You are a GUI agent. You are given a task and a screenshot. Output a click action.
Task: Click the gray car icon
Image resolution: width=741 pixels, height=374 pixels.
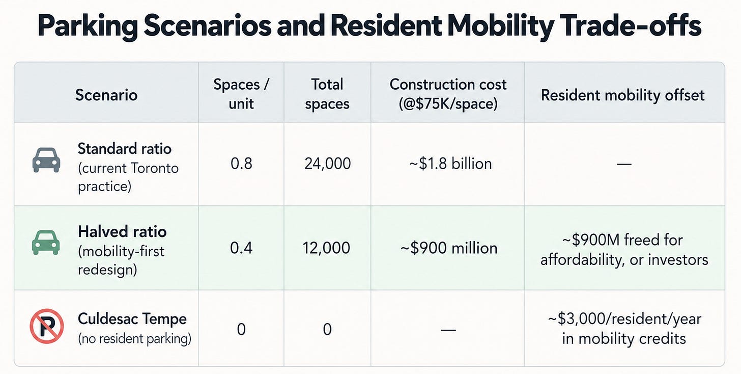tap(46, 160)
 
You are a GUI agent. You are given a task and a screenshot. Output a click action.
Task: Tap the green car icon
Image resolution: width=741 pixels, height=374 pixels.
tap(46, 243)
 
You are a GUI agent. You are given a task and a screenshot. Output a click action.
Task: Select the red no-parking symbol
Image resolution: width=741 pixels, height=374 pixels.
tap(47, 326)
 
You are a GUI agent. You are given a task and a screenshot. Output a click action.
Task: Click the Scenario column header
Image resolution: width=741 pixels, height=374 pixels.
tap(106, 95)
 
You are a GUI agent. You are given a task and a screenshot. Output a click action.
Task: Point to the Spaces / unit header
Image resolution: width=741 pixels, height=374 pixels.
tap(241, 94)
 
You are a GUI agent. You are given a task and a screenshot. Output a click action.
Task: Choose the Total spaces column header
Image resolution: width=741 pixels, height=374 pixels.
tap(327, 94)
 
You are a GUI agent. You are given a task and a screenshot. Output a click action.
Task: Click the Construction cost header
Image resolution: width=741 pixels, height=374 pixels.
tap(448, 94)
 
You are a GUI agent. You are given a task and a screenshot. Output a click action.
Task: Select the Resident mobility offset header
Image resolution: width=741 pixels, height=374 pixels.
tap(622, 95)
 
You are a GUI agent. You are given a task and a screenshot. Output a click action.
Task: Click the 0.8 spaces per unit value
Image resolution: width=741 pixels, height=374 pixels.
tap(241, 164)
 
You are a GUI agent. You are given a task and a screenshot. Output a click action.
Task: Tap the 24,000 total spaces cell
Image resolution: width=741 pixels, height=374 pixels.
tap(328, 164)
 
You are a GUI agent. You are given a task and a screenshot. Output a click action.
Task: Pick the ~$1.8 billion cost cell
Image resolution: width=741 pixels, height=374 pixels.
tap(450, 164)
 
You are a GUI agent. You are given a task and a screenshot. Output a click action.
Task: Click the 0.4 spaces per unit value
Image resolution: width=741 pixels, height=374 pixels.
tap(241, 248)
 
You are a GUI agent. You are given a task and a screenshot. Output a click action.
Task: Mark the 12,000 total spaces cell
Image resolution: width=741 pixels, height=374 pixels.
tap(327, 248)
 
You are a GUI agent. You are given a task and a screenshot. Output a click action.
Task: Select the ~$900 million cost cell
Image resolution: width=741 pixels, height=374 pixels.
tap(449, 248)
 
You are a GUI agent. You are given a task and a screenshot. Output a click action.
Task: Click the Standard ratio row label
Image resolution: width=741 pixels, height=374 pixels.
tap(124, 149)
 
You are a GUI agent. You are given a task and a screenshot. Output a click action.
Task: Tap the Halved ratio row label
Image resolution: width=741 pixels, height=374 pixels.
tap(122, 231)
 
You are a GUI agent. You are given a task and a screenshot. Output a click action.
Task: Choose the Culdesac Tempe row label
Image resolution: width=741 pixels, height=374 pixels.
tap(132, 319)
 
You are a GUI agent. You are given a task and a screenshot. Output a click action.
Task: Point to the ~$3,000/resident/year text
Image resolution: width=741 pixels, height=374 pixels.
tap(624, 318)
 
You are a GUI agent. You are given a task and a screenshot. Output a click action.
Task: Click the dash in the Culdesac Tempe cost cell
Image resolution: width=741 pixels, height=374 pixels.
tap(448, 330)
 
